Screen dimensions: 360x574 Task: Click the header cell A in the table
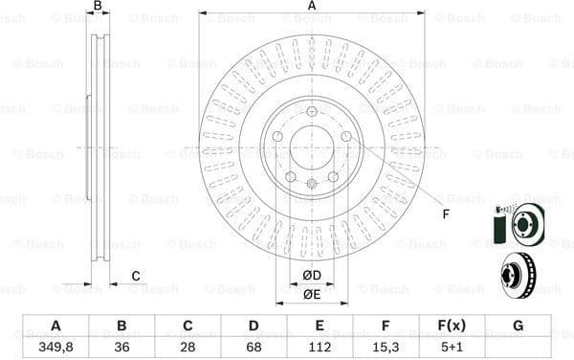[55, 326]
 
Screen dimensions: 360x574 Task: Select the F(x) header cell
[451, 326]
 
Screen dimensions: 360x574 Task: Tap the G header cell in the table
[518, 326]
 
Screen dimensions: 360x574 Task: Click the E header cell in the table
[320, 326]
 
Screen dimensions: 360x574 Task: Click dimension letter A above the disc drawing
[312, 7]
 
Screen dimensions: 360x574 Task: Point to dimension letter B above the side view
[97, 7]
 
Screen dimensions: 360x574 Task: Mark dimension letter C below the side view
[136, 276]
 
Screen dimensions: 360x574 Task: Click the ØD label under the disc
[311, 276]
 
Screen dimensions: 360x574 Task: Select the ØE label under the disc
[311, 294]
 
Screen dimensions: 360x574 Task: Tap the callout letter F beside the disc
[446, 213]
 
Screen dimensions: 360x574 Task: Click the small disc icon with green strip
[518, 225]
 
